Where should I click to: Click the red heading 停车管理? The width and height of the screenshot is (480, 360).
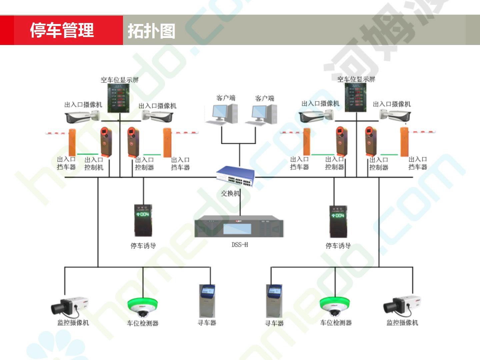[x=62, y=30]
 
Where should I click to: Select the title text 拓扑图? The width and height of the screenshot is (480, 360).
[x=151, y=31]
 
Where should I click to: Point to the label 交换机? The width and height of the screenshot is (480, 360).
[x=230, y=193]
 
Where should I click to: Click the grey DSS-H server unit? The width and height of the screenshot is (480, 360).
[x=239, y=227]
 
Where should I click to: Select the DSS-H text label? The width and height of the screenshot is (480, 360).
[x=240, y=245]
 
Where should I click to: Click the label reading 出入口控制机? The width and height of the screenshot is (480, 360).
[x=94, y=164]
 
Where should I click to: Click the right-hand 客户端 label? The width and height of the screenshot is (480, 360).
[x=264, y=98]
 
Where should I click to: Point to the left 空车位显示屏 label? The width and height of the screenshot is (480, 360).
[x=120, y=80]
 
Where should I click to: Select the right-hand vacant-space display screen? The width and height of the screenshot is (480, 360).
[x=355, y=97]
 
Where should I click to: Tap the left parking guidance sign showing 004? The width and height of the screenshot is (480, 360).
[x=143, y=220]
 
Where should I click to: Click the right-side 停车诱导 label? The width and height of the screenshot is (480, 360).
[x=338, y=246]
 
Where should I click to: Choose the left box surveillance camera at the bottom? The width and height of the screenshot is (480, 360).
[x=70, y=306]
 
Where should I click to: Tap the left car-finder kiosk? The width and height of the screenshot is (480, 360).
[x=207, y=301]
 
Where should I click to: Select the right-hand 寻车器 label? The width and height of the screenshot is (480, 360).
[x=274, y=323]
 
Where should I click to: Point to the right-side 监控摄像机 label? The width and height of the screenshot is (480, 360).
[x=402, y=323]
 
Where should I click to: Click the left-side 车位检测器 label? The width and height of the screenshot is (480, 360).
[x=142, y=323]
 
